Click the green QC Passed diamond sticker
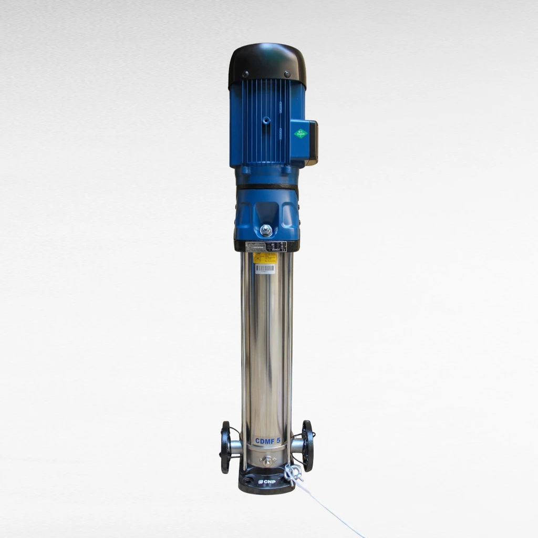301,133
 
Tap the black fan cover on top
267,60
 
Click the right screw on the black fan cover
287,74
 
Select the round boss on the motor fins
267,120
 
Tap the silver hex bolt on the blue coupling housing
266,230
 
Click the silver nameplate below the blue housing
267,246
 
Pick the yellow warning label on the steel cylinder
265,257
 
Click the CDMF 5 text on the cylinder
267,440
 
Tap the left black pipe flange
225,447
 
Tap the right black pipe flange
308,446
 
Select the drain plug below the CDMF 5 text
267,461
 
